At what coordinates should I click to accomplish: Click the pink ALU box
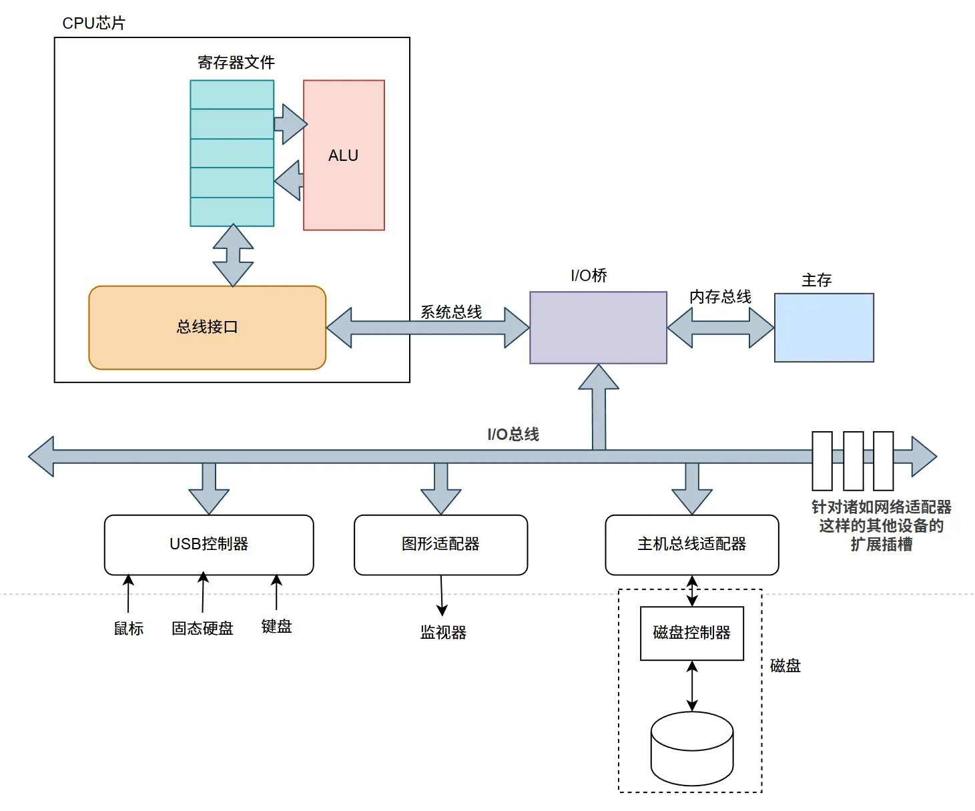click(x=344, y=155)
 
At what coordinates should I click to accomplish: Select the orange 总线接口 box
click(x=208, y=328)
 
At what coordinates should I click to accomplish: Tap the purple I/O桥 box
click(x=598, y=328)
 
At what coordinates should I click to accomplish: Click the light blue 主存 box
click(x=824, y=328)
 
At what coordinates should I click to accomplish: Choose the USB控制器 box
click(x=209, y=545)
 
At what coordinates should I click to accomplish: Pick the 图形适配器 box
click(x=441, y=545)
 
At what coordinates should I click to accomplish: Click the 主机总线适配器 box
click(x=691, y=545)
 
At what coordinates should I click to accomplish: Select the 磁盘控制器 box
click(x=691, y=633)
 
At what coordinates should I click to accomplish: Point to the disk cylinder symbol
click(x=691, y=749)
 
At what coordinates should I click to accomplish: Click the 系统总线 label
click(x=451, y=312)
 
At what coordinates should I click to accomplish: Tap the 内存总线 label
click(x=720, y=296)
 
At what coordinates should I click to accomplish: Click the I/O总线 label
click(x=513, y=435)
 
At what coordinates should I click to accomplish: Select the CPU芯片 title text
click(x=94, y=23)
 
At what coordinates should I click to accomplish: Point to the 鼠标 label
click(x=128, y=628)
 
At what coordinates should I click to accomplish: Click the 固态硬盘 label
click(x=202, y=628)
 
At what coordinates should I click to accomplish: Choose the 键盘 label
click(x=276, y=626)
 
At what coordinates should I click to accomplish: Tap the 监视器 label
click(x=443, y=633)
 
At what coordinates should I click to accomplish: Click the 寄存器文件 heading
click(x=236, y=63)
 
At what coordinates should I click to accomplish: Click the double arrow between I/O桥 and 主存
click(x=721, y=328)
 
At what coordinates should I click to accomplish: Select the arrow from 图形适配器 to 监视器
click(x=442, y=595)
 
